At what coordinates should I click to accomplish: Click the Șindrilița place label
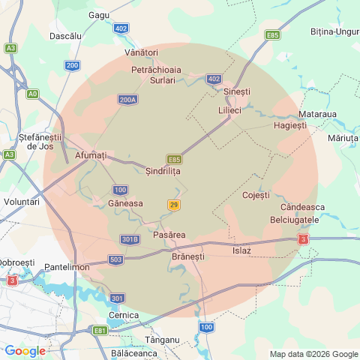[163, 171]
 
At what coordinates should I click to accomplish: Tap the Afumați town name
[91, 155]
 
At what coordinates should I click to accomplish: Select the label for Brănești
[187, 256]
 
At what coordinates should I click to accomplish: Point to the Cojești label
[256, 195]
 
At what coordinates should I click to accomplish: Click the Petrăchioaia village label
[157, 69]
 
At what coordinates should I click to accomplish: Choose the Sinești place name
[237, 91]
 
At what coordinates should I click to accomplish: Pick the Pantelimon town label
[67, 267]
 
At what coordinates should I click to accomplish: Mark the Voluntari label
[21, 202]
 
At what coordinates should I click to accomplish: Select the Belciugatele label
[295, 220]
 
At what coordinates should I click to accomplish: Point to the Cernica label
[123, 315]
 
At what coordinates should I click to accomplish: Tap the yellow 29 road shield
[174, 205]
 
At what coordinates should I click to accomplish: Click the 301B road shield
[130, 240]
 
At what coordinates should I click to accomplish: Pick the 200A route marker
[127, 99]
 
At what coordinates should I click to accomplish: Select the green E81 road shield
[100, 330]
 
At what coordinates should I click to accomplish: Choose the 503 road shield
[115, 259]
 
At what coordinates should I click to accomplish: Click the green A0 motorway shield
[32, 94]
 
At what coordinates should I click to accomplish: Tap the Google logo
[25, 350]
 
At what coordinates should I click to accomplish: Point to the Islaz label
[241, 250]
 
